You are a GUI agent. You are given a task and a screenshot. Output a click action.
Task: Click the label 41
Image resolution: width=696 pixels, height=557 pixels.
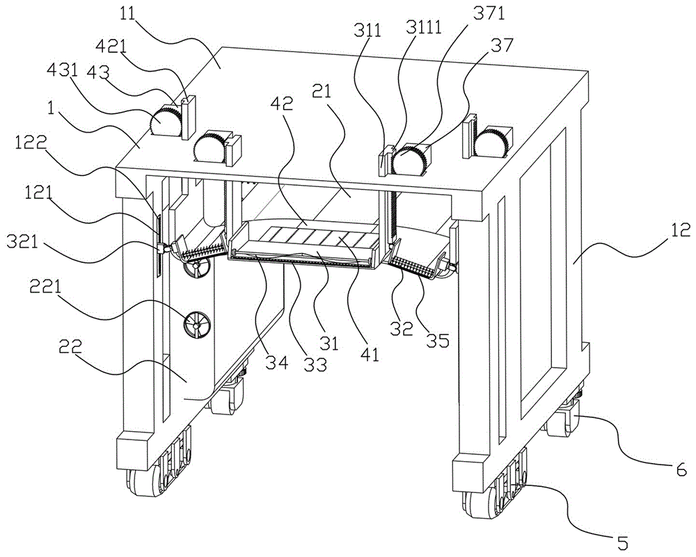point(370,354)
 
